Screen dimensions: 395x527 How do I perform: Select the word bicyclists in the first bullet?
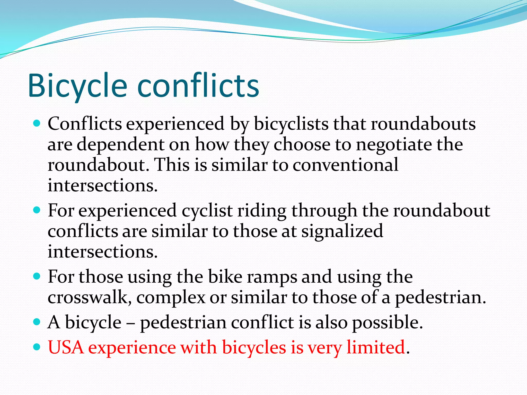(x=291, y=124)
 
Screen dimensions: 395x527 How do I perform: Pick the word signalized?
(x=342, y=231)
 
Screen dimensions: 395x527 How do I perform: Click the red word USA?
(x=66, y=347)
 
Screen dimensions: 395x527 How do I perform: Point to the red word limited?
(x=376, y=347)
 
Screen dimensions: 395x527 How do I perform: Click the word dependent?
(x=120, y=145)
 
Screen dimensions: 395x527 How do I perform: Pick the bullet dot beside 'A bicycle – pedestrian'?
(x=37, y=322)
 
